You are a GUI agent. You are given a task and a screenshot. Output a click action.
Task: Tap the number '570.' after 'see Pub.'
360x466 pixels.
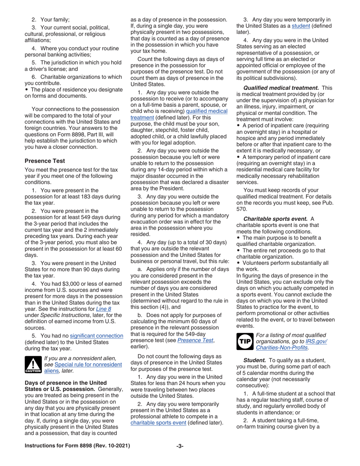(242, 209)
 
